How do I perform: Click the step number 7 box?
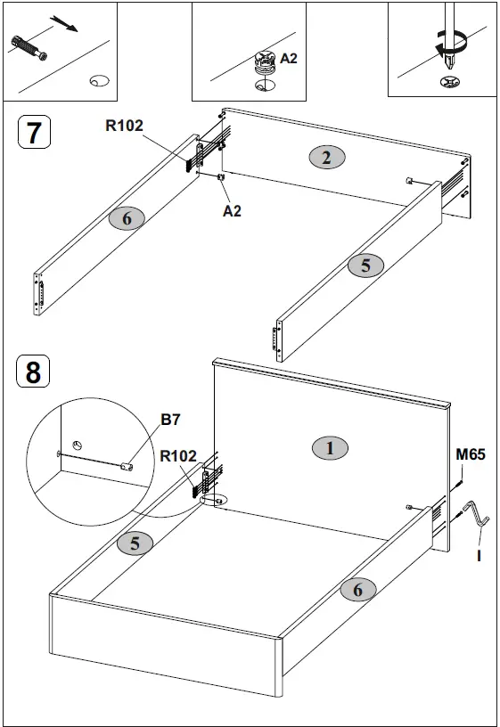pos(34,133)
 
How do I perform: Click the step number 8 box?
pos(34,371)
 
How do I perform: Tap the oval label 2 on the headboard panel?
pos(327,158)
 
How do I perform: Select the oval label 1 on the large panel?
pos(330,448)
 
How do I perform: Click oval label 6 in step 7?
pos(127,218)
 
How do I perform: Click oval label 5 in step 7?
pos(365,265)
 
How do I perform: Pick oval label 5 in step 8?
pos(135,543)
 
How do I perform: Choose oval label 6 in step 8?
pos(357,588)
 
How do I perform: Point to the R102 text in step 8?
pos(178,456)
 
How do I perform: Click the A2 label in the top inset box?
pos(289,58)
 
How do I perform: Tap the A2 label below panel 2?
pos(232,211)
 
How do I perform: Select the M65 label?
pos(471,454)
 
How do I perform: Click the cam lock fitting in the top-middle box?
pos(262,62)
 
